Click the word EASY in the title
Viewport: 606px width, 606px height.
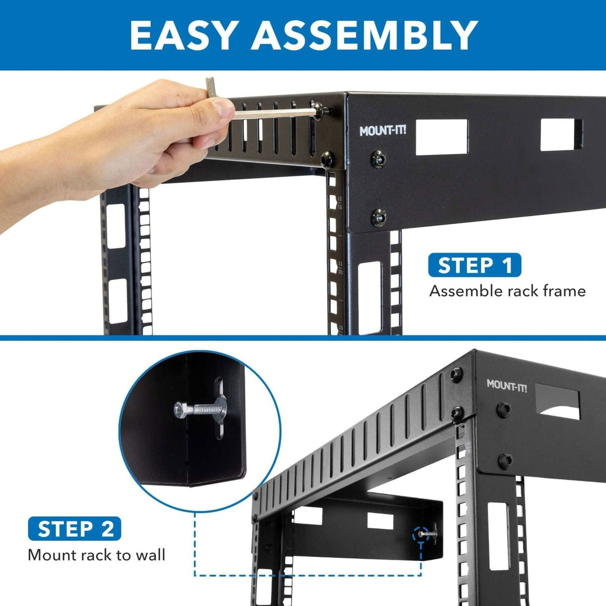pos(182,35)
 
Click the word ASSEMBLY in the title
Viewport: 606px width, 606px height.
pos(364,35)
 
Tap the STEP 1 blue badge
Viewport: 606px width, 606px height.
pos(474,265)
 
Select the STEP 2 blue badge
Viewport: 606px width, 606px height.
pos(75,529)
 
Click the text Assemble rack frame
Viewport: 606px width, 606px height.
pos(507,291)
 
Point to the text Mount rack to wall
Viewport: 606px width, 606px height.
pos(96,555)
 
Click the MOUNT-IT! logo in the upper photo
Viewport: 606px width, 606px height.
pos(383,131)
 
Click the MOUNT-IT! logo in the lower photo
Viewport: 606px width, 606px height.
pos(507,385)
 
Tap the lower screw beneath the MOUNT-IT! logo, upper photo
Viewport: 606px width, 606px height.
pos(379,217)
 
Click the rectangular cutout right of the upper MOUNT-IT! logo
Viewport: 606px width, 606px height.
pos(441,136)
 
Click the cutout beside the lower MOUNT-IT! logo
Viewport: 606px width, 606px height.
pos(558,403)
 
